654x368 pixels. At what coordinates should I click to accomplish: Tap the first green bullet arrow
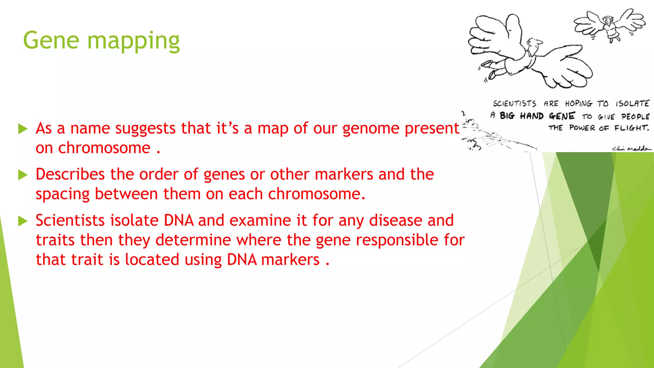[x=23, y=129]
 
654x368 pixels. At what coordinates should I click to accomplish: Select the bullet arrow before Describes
[x=23, y=175]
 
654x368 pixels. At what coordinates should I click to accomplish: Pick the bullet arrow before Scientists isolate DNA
[x=23, y=221]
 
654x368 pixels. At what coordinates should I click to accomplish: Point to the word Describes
[x=70, y=174]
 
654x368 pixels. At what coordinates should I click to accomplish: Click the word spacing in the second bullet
[x=63, y=195]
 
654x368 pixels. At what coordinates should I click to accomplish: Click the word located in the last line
[x=152, y=259]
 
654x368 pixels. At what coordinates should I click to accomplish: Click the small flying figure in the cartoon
[x=610, y=27]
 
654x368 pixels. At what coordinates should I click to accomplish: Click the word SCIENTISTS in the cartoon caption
[x=514, y=103]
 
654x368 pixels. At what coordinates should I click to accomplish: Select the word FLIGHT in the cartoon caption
[x=631, y=128]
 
